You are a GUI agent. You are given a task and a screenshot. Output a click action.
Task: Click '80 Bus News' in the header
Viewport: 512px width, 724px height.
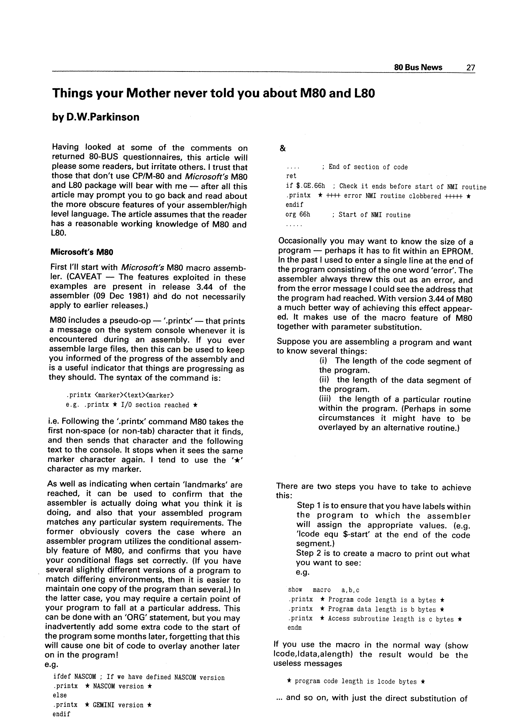[x=418, y=67]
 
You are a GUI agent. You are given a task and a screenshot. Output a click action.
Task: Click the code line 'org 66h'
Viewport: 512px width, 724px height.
[x=298, y=215]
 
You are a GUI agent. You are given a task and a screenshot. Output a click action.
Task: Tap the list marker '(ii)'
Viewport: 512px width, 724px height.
[x=325, y=380]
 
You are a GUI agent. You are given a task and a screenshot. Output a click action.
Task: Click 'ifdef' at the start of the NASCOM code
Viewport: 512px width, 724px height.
[x=62, y=677]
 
